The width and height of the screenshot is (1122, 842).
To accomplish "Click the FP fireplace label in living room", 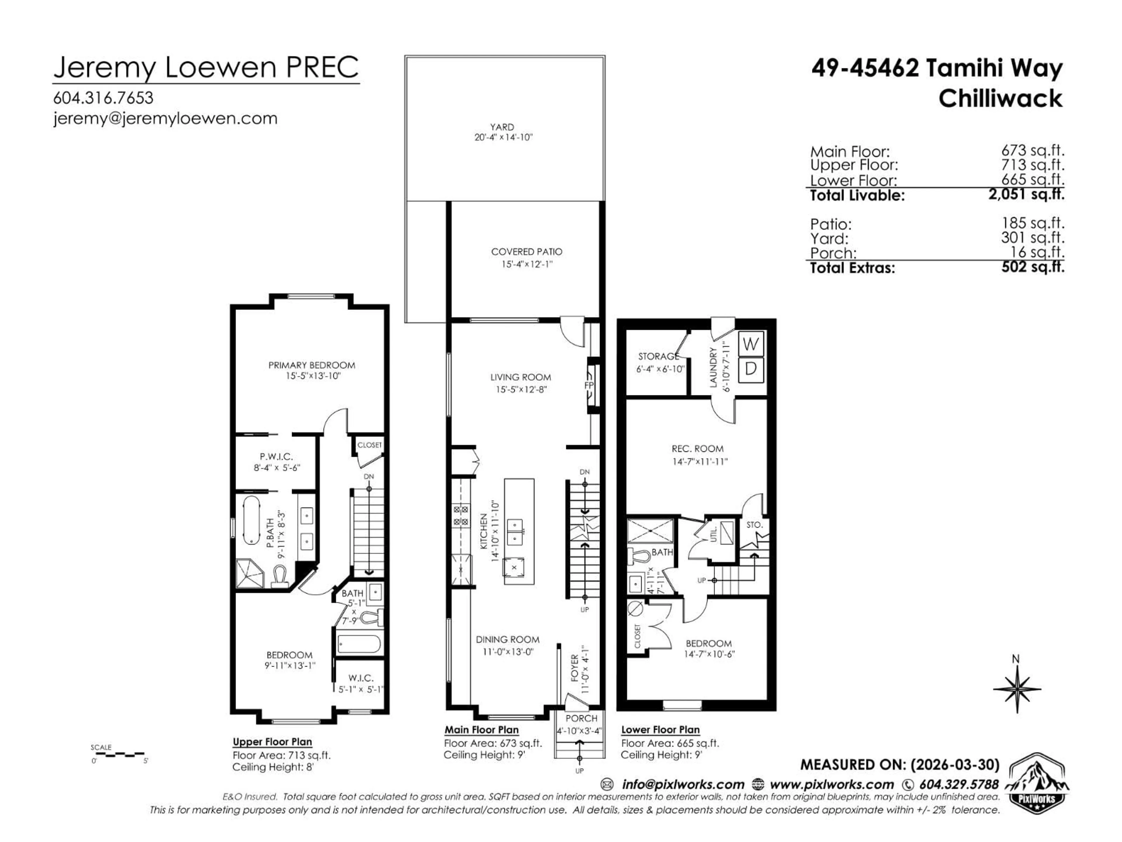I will click(x=589, y=385).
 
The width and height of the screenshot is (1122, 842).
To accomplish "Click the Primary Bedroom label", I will click(x=311, y=365).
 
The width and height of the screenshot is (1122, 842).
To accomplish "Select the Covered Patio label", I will click(x=527, y=252).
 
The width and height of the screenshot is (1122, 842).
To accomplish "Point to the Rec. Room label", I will click(x=697, y=449).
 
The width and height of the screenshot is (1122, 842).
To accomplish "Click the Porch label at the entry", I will click(x=581, y=719).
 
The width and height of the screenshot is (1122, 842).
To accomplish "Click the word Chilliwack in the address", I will click(x=1000, y=99).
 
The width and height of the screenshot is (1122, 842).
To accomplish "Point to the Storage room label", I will click(x=658, y=356).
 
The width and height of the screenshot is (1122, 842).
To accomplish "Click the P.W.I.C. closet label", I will click(x=276, y=457).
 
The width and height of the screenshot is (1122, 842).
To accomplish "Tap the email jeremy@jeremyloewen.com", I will click(x=165, y=119).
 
